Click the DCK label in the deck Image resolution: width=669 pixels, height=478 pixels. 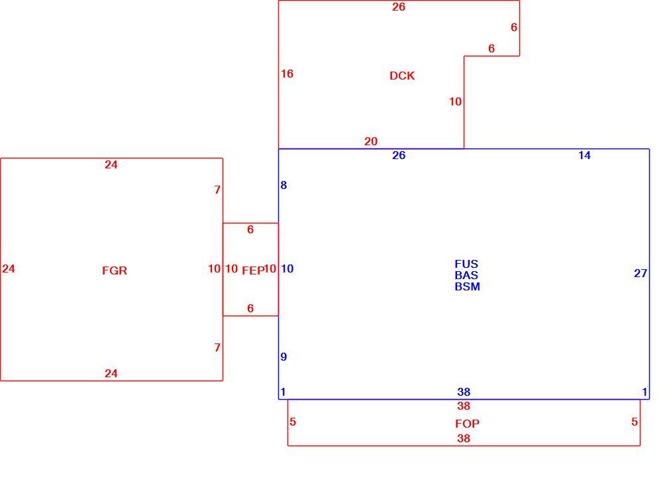point(402,76)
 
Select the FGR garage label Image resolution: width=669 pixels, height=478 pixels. point(115,270)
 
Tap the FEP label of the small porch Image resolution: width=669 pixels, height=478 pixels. point(254,270)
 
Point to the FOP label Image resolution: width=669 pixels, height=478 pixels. point(467,424)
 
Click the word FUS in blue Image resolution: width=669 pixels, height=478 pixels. point(466,264)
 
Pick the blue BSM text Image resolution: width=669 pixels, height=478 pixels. point(467,286)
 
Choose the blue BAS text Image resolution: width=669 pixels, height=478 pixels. point(466,275)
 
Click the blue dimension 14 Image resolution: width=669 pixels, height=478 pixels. point(584,155)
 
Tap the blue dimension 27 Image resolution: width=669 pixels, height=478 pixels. point(641,273)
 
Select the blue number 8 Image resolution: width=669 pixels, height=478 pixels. point(283,185)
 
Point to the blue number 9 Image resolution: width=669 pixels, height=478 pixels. point(283,357)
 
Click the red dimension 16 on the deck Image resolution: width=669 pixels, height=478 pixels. point(287,74)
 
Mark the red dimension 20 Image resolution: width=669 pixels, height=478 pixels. point(371,141)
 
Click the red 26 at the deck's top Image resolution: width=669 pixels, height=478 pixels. point(399,7)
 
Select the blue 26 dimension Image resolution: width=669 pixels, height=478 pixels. point(399,155)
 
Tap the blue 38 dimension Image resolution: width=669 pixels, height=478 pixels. point(464,392)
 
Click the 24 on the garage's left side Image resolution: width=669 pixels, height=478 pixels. point(9,269)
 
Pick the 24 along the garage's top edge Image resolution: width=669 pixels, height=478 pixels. point(111,164)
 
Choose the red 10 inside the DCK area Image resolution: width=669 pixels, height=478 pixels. point(455,101)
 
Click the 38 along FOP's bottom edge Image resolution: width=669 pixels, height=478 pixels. point(464,438)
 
